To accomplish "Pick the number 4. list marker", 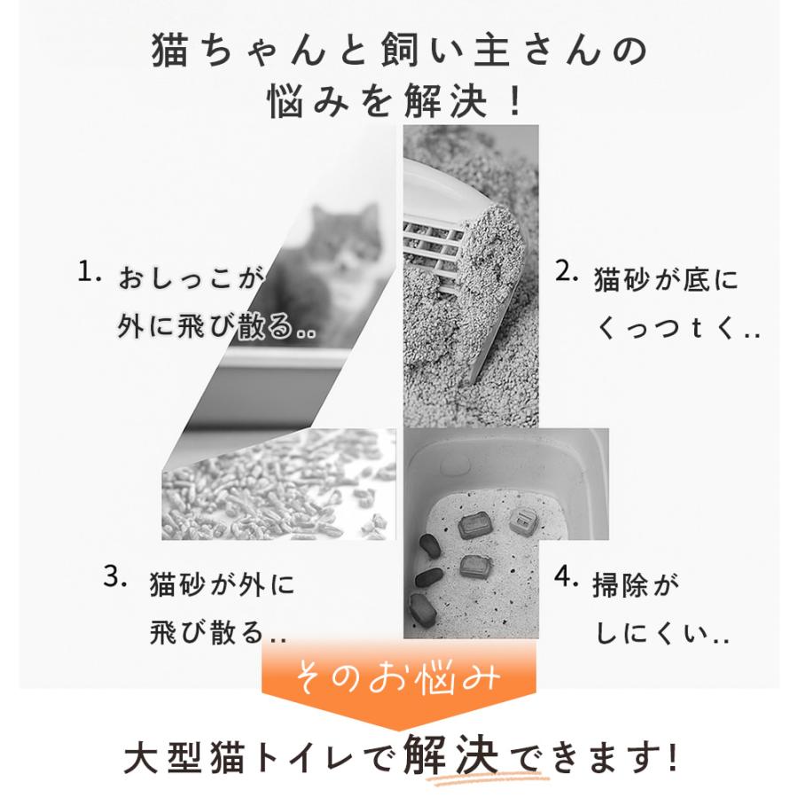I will pyautogui.click(x=567, y=577).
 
